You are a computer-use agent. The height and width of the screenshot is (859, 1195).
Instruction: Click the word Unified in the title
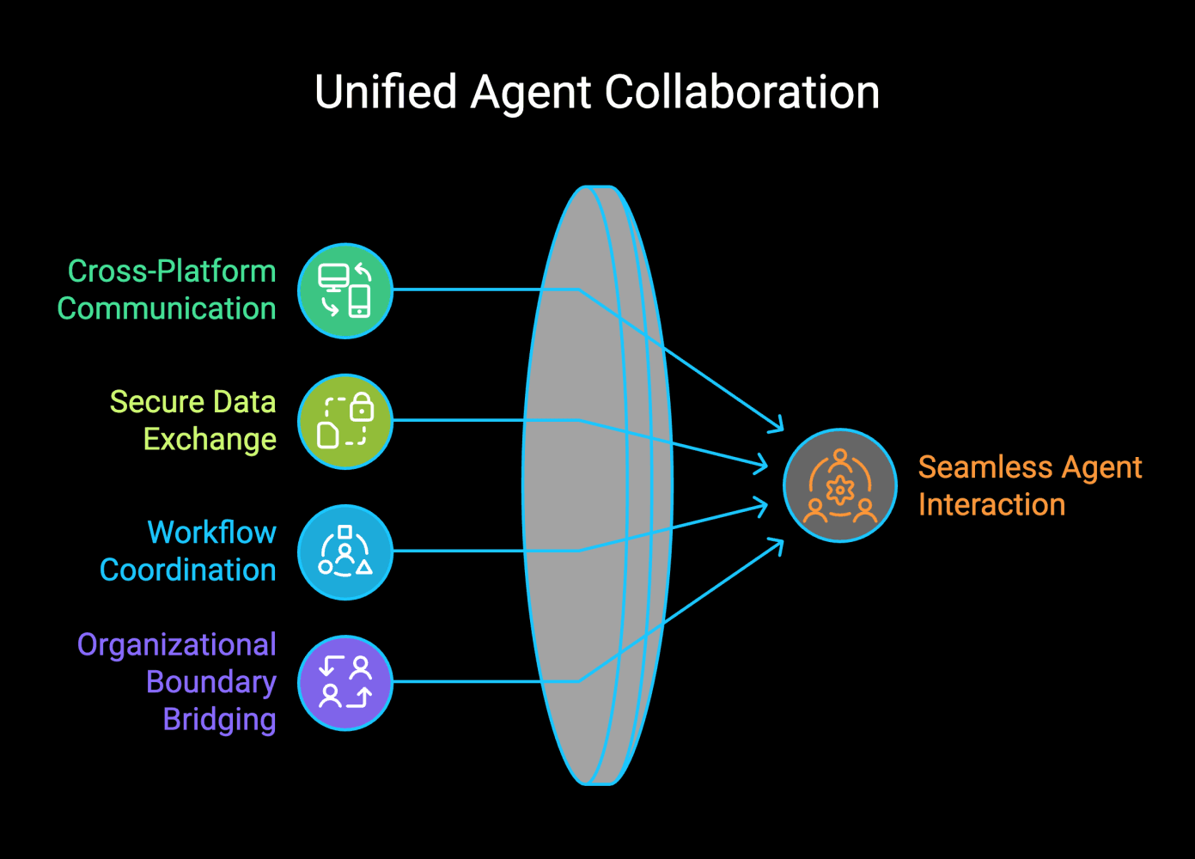tap(386, 92)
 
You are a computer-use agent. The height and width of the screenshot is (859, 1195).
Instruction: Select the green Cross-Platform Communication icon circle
tap(345, 290)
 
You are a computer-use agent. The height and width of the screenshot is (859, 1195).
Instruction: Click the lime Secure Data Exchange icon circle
tap(345, 421)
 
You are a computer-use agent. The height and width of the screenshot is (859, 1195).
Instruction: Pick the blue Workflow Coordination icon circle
tap(345, 551)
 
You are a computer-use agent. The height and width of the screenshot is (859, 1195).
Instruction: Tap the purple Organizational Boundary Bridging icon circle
tap(345, 682)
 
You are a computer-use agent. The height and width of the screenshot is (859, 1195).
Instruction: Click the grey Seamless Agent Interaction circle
tap(839, 485)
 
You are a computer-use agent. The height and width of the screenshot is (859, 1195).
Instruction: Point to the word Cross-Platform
tap(172, 271)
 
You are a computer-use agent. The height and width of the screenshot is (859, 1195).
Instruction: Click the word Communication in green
tap(167, 308)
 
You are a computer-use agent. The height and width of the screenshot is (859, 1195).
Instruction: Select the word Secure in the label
tap(157, 402)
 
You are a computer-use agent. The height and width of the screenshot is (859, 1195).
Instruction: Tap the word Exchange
tap(210, 439)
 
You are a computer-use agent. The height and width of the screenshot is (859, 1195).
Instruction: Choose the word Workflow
tap(211, 533)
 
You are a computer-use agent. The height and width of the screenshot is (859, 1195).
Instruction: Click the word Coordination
tap(188, 570)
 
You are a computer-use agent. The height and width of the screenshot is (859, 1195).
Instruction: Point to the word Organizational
tap(177, 644)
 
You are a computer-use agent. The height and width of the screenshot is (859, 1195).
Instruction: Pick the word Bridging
tap(220, 719)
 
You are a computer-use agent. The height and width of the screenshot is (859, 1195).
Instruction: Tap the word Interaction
tap(991, 504)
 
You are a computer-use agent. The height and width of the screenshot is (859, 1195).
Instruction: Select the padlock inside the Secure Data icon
tap(362, 406)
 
